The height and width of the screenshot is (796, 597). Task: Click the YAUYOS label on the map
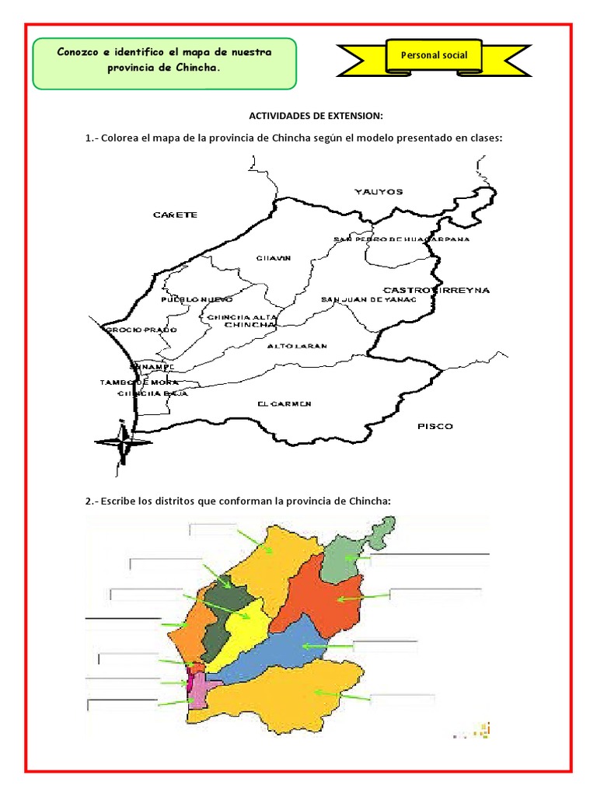coord(379,190)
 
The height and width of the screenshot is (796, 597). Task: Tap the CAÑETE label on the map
coord(175,215)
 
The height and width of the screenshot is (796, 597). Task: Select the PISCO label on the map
coord(435,426)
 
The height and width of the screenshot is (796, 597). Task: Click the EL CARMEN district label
coord(285,403)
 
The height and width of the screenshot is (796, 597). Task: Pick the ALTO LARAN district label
coord(296,346)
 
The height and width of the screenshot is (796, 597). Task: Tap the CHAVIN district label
coord(273,258)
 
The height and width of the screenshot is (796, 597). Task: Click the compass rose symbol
coord(123,442)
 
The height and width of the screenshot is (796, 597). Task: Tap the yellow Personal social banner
coord(433,56)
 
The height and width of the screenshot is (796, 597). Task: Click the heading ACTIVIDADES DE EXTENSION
coord(316,116)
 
